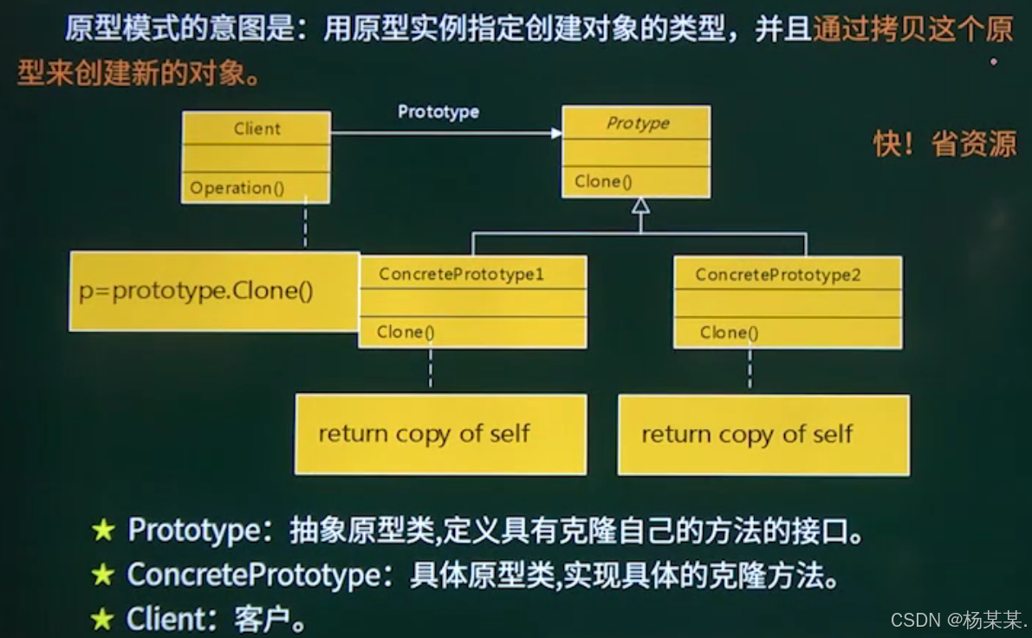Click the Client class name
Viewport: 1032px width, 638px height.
click(x=256, y=129)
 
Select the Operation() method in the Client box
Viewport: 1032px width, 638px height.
click(x=237, y=188)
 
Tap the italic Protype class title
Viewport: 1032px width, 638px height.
click(x=637, y=123)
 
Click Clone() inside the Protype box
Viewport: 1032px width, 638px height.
click(x=603, y=182)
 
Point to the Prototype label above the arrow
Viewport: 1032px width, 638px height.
click(x=438, y=112)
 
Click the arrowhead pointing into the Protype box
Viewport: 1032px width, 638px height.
click(x=555, y=133)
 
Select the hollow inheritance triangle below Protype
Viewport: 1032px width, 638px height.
click(x=640, y=205)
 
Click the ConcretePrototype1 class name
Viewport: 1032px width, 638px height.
click(x=461, y=275)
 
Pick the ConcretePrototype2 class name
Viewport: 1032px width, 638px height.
click(x=777, y=276)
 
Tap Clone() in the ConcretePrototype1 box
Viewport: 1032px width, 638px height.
click(x=406, y=332)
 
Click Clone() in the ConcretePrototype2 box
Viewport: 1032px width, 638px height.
click(x=729, y=333)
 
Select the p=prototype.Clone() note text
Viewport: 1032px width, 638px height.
click(x=196, y=291)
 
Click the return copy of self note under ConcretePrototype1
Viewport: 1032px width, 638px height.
click(x=424, y=433)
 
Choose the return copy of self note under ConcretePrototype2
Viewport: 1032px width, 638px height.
click(x=747, y=434)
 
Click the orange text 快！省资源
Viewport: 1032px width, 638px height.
click(x=944, y=144)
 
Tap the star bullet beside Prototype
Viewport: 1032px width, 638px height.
click(x=103, y=531)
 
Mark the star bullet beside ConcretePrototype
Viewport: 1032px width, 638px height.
click(x=103, y=575)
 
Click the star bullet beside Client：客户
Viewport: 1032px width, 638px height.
click(x=103, y=618)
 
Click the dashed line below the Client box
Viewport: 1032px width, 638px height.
click(x=305, y=226)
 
